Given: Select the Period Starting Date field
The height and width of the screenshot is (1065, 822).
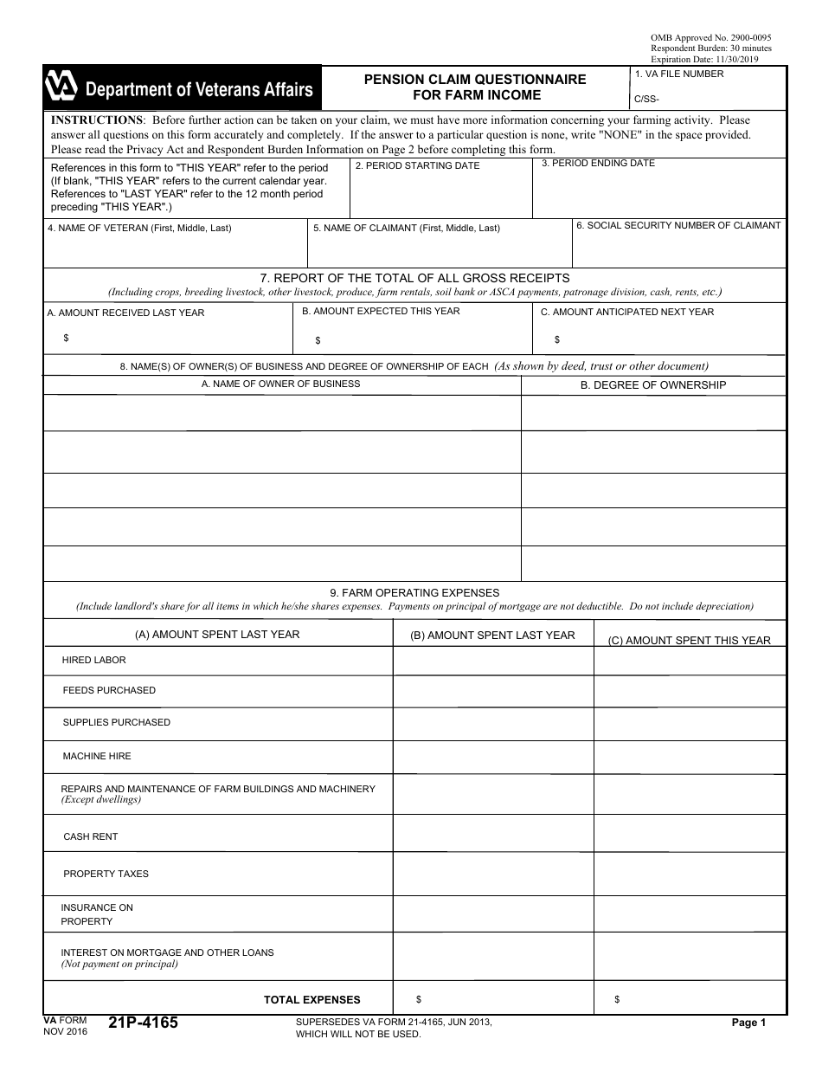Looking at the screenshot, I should tap(440, 192).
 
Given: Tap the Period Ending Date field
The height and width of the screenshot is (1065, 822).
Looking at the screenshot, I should tap(658, 192).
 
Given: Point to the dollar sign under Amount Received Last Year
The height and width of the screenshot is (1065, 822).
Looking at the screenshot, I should tap(67, 339).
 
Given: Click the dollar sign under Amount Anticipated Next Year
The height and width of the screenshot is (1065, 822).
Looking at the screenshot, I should tap(557, 340).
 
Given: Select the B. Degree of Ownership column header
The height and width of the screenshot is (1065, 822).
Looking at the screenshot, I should tap(652, 385).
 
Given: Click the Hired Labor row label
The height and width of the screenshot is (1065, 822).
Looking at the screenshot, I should tap(94, 661).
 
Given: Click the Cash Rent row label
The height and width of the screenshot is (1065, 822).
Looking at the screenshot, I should tap(91, 837).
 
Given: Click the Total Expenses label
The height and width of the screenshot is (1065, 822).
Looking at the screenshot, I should tap(312, 1000).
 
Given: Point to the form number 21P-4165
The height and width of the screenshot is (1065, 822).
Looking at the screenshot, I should tap(144, 1023).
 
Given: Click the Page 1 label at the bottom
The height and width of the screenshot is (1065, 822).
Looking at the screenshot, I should tap(748, 1023).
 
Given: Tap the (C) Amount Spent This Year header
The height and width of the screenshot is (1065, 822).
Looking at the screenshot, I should tap(689, 641).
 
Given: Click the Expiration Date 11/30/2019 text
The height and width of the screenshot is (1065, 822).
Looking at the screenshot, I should tap(703, 59).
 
